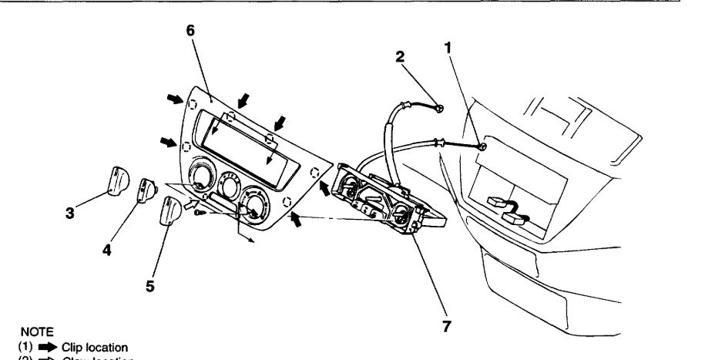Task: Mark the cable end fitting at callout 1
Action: tap(482, 146)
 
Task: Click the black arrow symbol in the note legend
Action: tap(37, 347)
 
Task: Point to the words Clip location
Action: tap(79, 347)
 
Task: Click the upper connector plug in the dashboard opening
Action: tap(499, 202)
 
